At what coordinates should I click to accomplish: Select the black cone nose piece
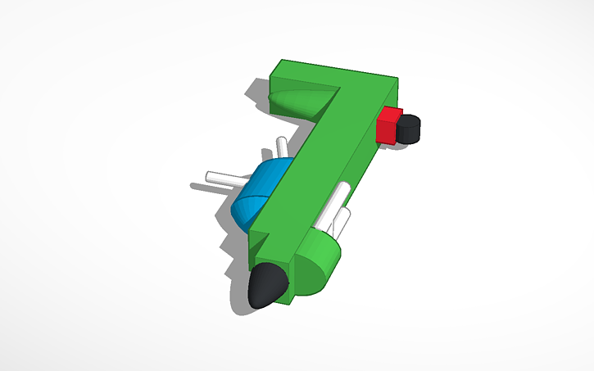[268, 286]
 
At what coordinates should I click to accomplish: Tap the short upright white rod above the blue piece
[282, 148]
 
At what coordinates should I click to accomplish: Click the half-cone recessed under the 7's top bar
[299, 102]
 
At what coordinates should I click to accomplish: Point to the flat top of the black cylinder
[410, 120]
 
